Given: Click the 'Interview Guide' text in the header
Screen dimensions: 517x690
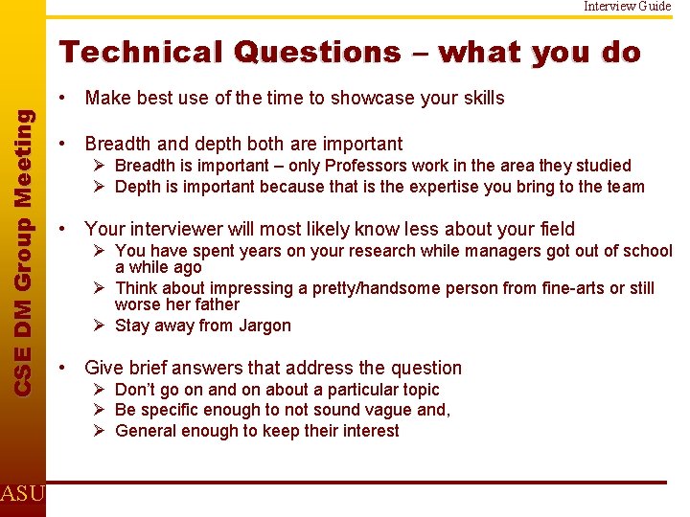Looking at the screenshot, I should [x=628, y=7].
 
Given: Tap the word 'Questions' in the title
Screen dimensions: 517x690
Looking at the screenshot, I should [x=317, y=52].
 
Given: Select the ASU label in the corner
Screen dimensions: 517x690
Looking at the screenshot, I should [x=21, y=494].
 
